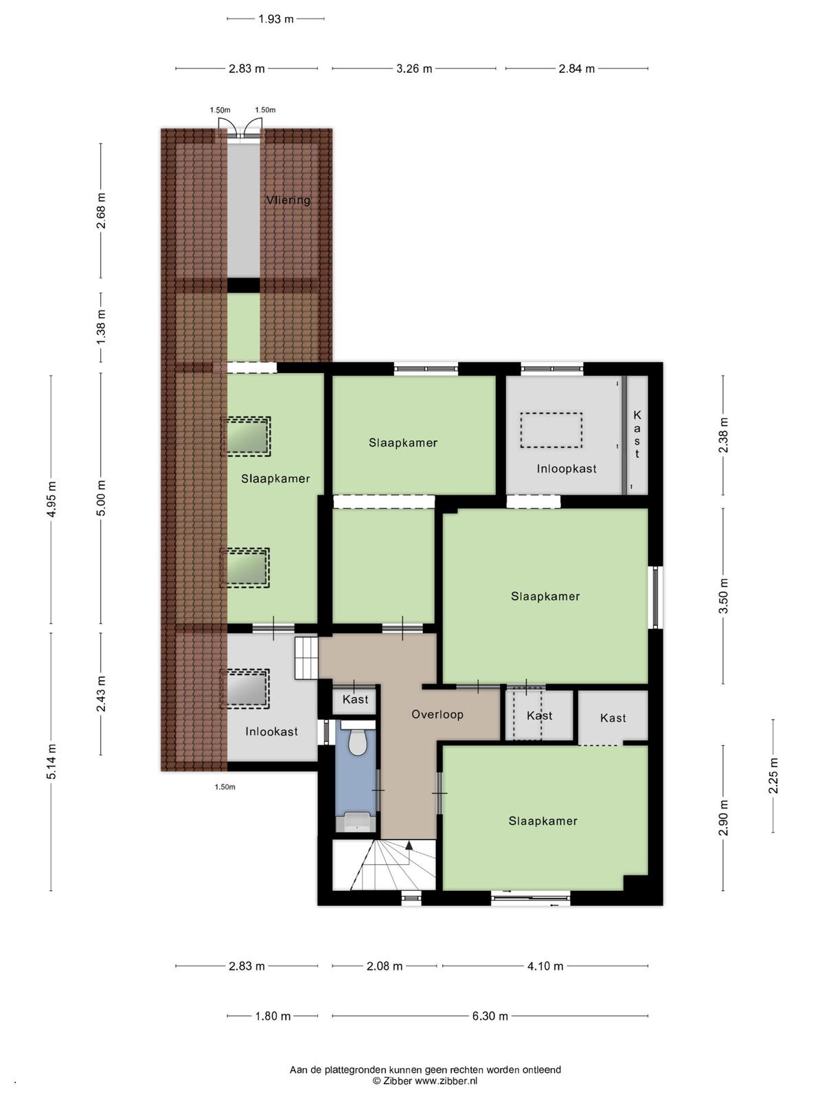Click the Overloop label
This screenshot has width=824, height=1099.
(x=437, y=714)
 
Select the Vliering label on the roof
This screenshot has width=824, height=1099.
(x=288, y=200)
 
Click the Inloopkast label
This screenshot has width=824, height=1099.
(x=566, y=468)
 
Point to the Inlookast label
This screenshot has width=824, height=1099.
(x=271, y=732)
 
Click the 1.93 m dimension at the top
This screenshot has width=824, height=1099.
(x=275, y=19)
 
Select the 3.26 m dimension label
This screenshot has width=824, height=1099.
(x=414, y=69)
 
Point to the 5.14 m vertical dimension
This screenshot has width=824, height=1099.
(x=51, y=762)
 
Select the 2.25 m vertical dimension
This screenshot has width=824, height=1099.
(x=773, y=776)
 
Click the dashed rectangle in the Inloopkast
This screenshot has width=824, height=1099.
(x=551, y=429)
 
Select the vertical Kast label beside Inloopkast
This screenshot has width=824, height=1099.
(x=637, y=435)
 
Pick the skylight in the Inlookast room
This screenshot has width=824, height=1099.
(x=246, y=689)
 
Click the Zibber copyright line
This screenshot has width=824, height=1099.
(x=425, y=1081)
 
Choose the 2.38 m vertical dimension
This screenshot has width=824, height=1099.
(x=723, y=435)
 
